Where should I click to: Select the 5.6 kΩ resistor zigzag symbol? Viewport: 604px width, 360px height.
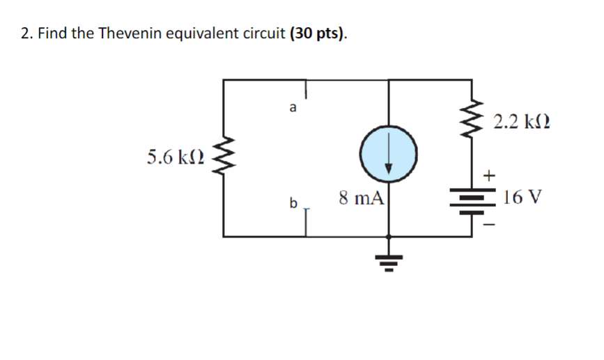pyautogui.click(x=223, y=156)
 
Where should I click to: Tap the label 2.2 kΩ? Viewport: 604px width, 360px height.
pyautogui.click(x=520, y=123)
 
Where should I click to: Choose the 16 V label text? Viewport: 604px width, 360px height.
pyautogui.click(x=521, y=197)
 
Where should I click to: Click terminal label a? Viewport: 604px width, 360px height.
pyautogui.click(x=293, y=108)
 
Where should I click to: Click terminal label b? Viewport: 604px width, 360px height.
pyautogui.click(x=293, y=203)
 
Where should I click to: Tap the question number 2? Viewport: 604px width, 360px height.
pyautogui.click(x=25, y=33)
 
